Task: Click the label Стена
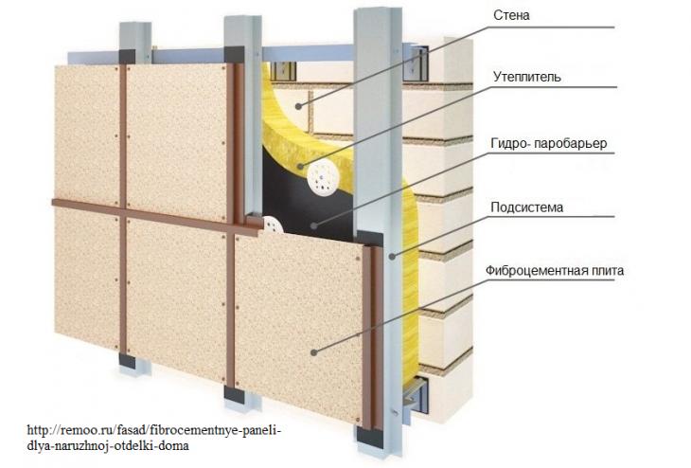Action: (x=511, y=15)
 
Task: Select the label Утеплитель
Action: (x=527, y=77)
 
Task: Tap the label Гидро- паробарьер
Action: (x=549, y=143)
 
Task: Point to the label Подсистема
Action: (x=526, y=207)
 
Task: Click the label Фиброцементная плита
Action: (x=555, y=270)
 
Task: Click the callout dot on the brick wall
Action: (x=298, y=106)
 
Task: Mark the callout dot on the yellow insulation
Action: (x=301, y=167)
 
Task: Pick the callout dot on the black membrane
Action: (x=313, y=225)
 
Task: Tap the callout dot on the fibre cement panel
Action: (x=313, y=352)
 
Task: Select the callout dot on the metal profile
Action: (x=392, y=256)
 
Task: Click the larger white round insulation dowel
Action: (x=323, y=178)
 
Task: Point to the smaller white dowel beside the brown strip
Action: (x=274, y=225)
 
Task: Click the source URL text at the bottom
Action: (x=153, y=437)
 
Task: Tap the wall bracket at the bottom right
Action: (x=416, y=395)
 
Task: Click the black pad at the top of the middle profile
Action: (x=234, y=54)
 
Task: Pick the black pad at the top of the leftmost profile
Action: (x=128, y=57)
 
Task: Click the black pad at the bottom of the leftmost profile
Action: (x=128, y=360)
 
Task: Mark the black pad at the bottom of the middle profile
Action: (x=234, y=394)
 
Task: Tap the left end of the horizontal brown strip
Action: (x=53, y=203)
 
